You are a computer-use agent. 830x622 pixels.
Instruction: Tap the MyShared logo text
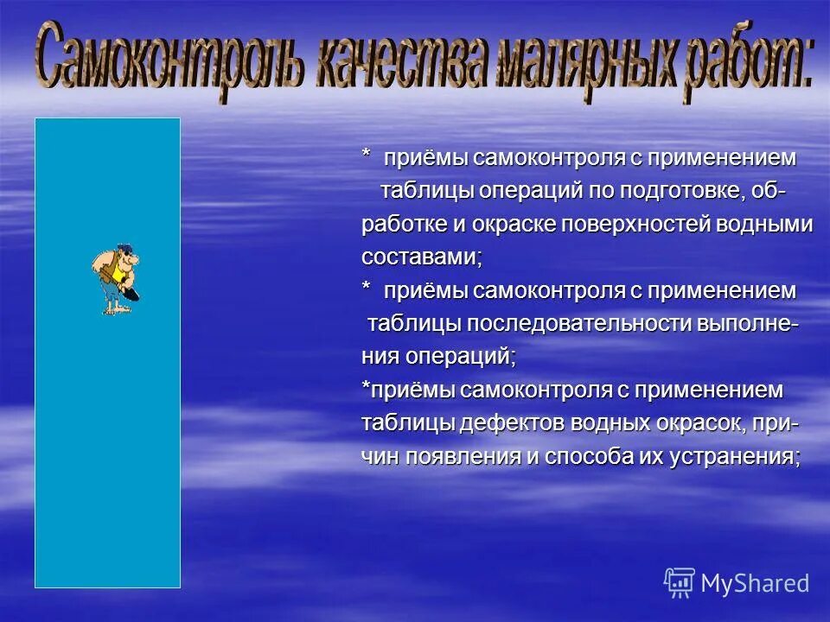point(755,582)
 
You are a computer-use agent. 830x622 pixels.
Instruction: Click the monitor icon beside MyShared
point(680,582)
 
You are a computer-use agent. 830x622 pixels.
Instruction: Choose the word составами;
point(422,257)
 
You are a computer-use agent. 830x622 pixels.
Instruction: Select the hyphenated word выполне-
point(749,324)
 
